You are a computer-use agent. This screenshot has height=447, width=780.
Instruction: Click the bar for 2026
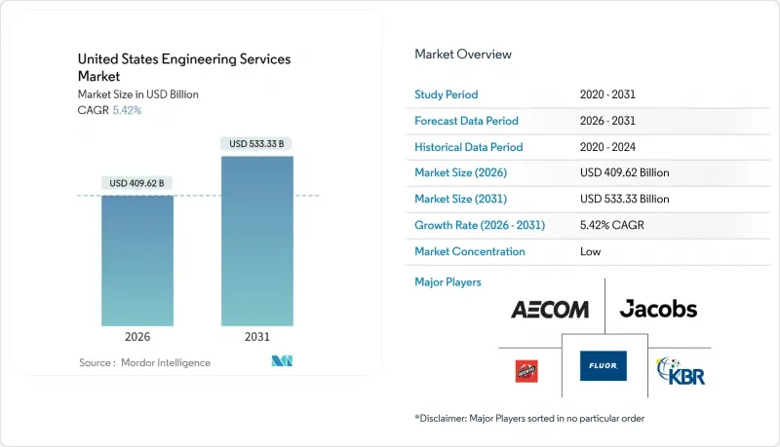(x=137, y=260)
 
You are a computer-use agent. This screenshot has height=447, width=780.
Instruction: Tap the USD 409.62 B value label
(x=137, y=183)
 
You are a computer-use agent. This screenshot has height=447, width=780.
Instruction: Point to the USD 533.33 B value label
(x=257, y=144)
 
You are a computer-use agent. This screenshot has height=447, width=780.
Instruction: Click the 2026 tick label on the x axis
(x=137, y=338)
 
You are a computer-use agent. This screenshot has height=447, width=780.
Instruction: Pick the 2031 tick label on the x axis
(x=257, y=338)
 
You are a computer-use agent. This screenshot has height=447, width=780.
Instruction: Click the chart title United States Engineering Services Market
(x=183, y=66)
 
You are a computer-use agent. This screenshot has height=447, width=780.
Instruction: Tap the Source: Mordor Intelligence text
(x=144, y=362)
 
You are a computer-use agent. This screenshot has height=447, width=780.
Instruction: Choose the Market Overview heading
(x=463, y=55)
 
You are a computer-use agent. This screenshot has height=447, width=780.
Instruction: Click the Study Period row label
(x=447, y=94)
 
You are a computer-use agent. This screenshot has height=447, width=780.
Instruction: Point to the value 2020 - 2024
(x=611, y=147)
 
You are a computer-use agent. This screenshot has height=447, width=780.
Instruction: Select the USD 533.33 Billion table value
(x=624, y=199)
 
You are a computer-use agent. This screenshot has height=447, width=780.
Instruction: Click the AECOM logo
(x=550, y=310)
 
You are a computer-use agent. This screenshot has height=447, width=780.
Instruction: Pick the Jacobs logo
(x=658, y=310)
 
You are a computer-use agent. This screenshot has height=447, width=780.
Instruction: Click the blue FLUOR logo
(x=603, y=366)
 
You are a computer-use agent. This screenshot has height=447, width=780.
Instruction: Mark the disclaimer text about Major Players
(x=529, y=418)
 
